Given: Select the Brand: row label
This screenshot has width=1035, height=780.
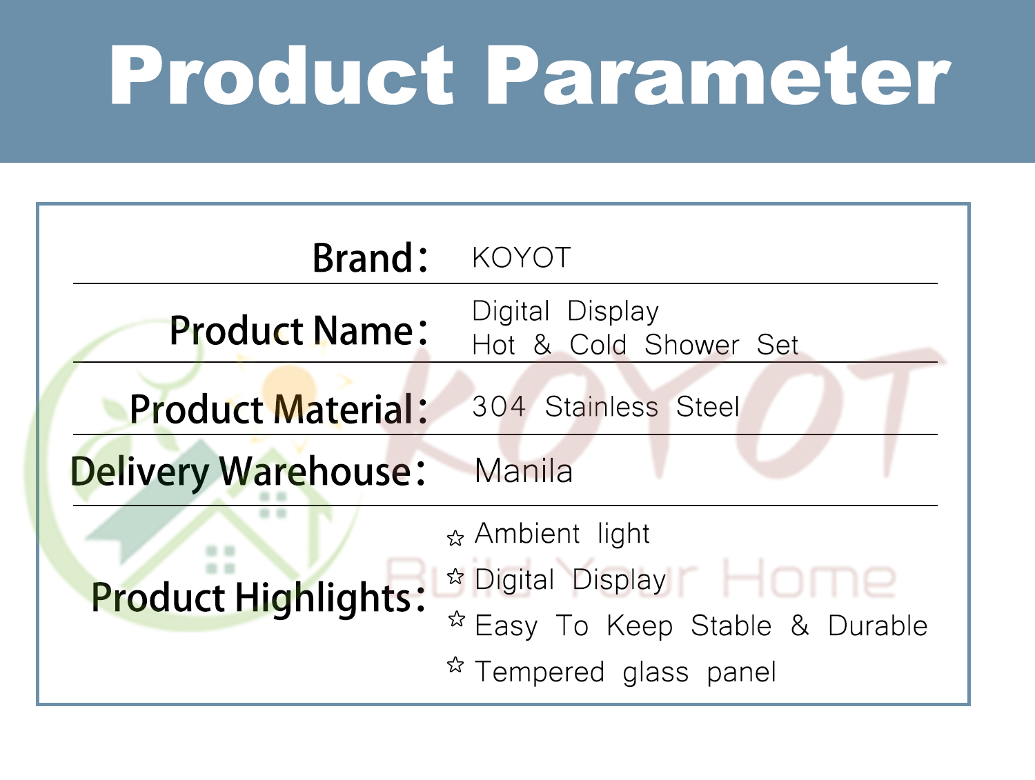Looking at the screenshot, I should (370, 258).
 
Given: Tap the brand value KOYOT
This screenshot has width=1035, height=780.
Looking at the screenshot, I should (521, 258).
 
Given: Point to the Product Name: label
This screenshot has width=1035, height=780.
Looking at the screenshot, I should (298, 330).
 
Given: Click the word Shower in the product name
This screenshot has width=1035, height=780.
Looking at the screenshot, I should (691, 345).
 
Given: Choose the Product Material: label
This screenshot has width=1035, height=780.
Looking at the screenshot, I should (278, 409).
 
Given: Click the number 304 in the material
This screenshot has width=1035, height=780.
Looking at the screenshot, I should (499, 407).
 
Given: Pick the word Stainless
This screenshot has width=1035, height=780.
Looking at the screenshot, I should (601, 407).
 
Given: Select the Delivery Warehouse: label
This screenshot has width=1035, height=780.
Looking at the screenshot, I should (248, 472).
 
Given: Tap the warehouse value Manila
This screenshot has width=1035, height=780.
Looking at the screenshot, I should (524, 472).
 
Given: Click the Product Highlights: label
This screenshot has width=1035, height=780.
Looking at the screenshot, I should (258, 597).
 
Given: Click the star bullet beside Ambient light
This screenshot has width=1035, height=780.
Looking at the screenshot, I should (455, 538).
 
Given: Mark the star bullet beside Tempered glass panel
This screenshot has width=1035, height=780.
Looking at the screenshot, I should (455, 666).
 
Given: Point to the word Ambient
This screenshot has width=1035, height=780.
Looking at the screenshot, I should (527, 534).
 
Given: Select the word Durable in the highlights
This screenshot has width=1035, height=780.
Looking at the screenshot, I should (877, 626).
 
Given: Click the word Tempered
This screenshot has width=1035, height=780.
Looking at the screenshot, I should (540, 672).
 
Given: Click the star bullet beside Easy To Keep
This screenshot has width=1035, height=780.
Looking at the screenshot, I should (456, 619).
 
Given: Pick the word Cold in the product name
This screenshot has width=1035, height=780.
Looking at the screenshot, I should (598, 345).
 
